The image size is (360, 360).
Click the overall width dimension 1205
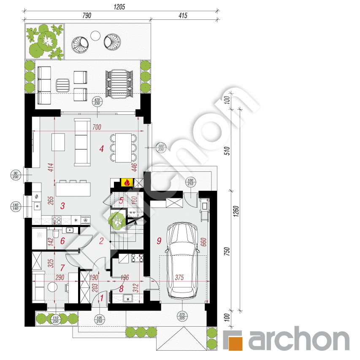(119, 7)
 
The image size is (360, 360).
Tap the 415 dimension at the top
(183, 15)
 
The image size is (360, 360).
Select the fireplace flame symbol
(127, 182)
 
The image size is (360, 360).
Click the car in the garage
(182, 260)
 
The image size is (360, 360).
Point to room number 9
(159, 241)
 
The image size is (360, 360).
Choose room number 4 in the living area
(101, 149)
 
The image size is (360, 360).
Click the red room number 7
(62, 268)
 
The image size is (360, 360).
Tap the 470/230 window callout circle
(97, 101)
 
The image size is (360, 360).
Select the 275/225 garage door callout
(182, 316)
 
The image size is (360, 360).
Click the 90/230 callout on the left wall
(16, 175)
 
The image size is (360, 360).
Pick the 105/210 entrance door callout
(100, 319)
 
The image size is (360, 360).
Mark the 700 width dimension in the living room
(97, 127)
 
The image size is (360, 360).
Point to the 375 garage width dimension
(179, 278)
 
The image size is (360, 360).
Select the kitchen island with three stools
(73, 188)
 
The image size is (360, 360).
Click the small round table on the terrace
(95, 35)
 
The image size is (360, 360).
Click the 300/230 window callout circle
(161, 148)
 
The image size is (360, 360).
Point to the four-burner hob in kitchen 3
(57, 220)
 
